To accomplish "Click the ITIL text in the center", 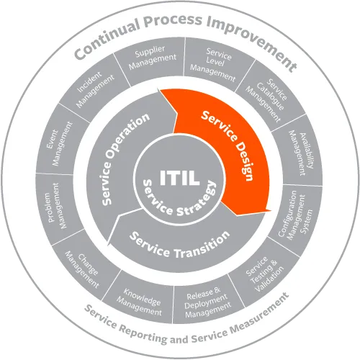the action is (x=179, y=177).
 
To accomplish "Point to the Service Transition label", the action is (x=179, y=244).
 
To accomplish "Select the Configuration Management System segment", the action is (x=294, y=216).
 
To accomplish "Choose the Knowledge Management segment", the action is (x=139, y=300).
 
